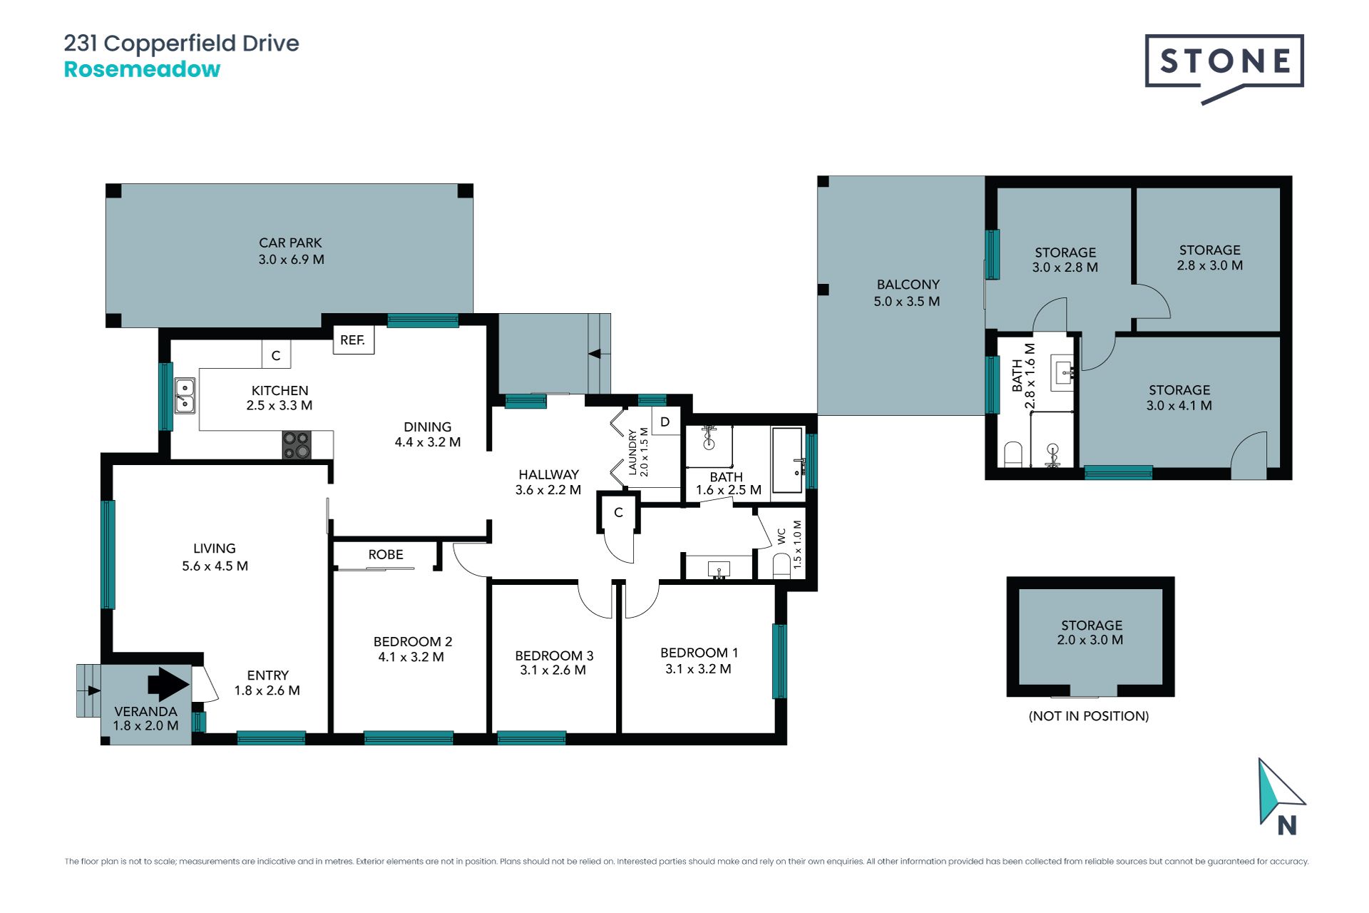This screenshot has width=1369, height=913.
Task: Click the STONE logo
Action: [1224, 68]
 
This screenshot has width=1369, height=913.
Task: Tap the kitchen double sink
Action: [185, 396]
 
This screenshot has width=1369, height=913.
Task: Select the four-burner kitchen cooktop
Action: [297, 445]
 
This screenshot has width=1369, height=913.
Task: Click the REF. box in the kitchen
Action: [354, 340]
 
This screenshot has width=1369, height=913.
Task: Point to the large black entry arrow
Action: [168, 684]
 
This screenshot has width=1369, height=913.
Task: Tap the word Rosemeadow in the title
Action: [142, 69]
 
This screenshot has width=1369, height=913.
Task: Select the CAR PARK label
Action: [290, 243]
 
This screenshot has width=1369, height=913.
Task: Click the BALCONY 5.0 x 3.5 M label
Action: [907, 292]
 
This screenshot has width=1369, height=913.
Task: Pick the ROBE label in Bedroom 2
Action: [386, 554]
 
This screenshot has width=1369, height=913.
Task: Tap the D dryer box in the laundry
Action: [665, 422]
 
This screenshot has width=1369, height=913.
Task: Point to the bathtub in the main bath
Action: [788, 459]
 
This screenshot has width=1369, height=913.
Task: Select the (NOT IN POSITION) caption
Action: [1089, 715]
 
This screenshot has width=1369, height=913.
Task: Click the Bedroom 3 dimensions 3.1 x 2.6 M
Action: [553, 670]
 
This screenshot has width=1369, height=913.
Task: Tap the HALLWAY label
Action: [548, 474]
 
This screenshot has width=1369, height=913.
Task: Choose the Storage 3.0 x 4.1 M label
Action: [1179, 397]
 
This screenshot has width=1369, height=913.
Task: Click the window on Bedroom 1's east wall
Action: [780, 661]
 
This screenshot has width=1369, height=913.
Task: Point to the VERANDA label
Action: [145, 711]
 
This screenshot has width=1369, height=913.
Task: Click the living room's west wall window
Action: [108, 554]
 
